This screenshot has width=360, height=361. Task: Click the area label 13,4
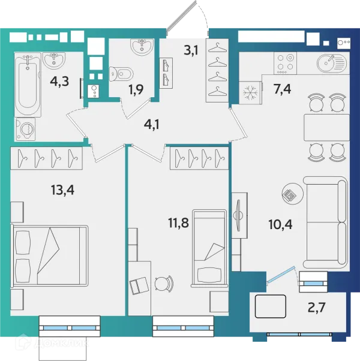[62, 191]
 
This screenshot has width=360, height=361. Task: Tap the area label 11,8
[179, 223]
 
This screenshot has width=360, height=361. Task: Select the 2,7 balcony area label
[317, 308]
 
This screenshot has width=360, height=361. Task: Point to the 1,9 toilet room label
[136, 89]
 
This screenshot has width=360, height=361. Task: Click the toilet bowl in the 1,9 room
[121, 74]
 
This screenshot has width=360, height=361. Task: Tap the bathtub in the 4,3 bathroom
[28, 85]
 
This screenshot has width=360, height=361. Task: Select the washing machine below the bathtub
[25, 129]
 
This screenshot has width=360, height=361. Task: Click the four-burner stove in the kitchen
[285, 63]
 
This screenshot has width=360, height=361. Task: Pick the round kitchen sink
[331, 63]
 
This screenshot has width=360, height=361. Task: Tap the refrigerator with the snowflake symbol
[250, 92]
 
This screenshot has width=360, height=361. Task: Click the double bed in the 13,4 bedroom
[50, 256]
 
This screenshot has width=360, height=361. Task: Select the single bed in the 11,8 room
[209, 248]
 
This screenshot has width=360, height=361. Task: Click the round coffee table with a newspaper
[293, 194]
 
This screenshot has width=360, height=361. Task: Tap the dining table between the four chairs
[326, 127]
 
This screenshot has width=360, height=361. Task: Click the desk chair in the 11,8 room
[164, 284]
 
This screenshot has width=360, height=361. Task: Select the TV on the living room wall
[238, 215]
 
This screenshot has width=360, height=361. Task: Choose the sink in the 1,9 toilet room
[142, 47]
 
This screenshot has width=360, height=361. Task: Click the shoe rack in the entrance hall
[166, 73]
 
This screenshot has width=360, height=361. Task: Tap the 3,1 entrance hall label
[191, 50]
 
